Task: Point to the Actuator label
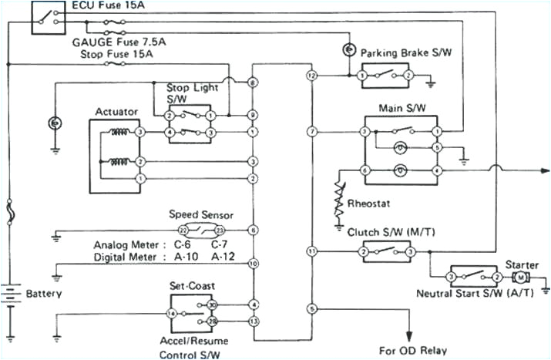click(116, 112)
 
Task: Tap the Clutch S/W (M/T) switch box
click(385, 251)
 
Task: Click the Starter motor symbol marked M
click(520, 275)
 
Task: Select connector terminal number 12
click(311, 76)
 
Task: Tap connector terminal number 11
click(311, 251)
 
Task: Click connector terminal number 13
click(253, 320)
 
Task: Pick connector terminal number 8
click(253, 82)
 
